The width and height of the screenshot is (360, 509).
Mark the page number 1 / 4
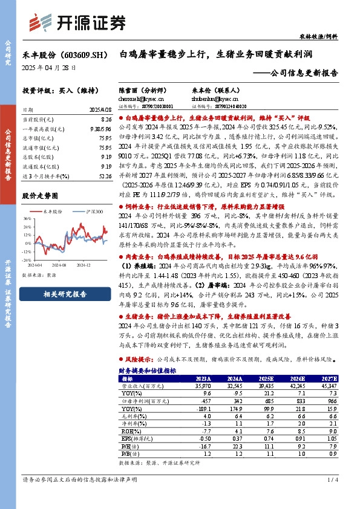[x=332, y=497]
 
